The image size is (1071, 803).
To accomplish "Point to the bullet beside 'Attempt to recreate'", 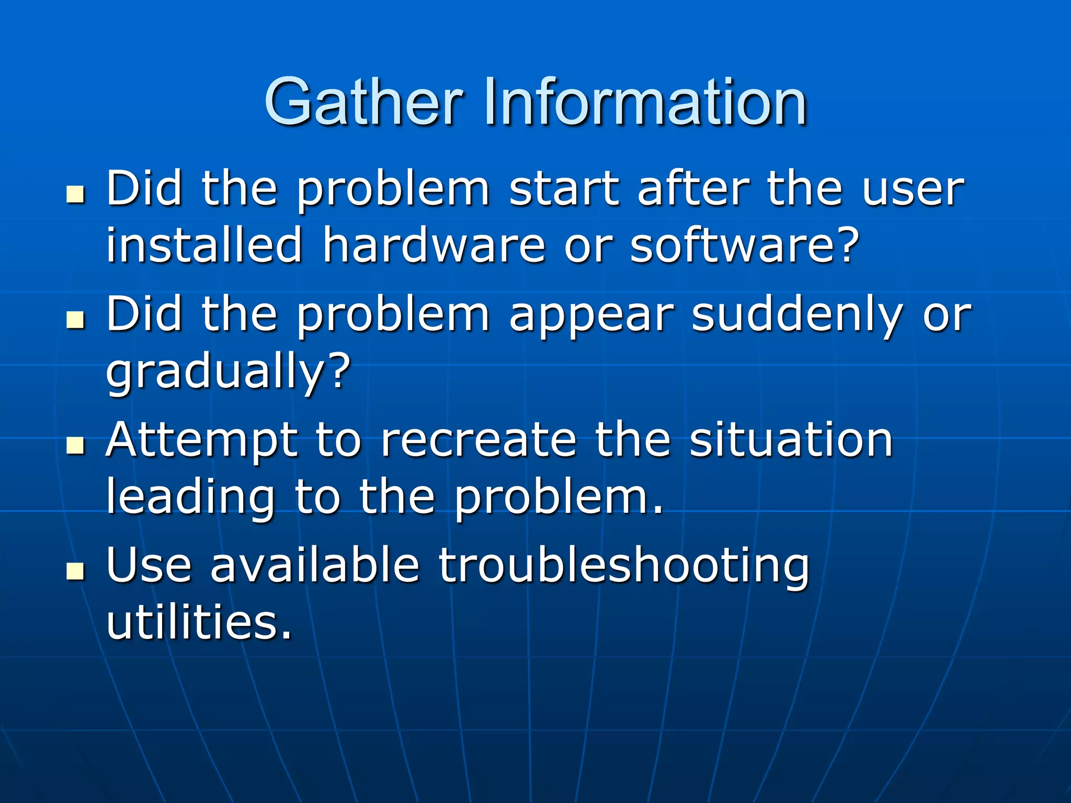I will (x=76, y=445).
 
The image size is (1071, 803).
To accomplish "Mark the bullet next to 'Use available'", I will (x=76, y=571).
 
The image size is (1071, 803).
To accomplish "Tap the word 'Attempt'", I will (x=202, y=440).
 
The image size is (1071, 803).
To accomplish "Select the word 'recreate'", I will (x=479, y=440).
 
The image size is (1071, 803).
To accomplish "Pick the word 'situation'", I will (x=791, y=440).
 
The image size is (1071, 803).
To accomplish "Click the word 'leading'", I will (x=190, y=498).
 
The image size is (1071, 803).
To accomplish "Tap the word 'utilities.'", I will (x=199, y=622).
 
